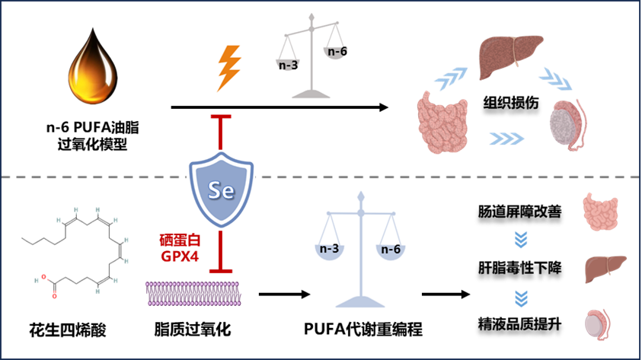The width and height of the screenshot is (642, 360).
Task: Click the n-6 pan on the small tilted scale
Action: click(336, 50)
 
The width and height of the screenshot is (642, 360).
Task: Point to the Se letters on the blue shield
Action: click(219, 188)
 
